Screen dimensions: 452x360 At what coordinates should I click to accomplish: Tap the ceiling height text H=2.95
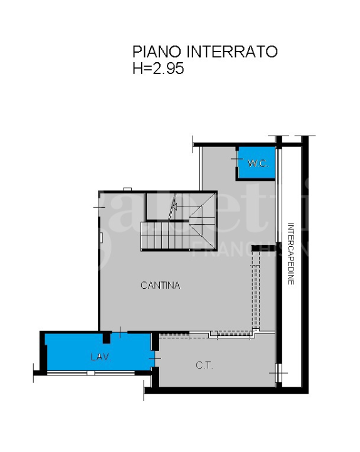[158, 68]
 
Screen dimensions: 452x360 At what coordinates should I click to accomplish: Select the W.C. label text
[257, 163]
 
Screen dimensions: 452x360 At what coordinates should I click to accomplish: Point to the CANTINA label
[160, 286]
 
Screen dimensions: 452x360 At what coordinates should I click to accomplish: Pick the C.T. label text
[204, 365]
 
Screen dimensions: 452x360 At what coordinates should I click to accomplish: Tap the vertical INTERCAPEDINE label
[290, 254]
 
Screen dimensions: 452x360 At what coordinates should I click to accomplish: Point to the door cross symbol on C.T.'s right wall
[277, 375]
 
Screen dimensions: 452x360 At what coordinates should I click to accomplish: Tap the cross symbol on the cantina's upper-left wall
[99, 207]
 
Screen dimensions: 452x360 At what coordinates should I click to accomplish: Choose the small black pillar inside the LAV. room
[108, 338]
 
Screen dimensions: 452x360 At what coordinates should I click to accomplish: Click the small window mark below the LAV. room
[91, 374]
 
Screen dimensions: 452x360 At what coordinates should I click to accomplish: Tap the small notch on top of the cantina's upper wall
[127, 189]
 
